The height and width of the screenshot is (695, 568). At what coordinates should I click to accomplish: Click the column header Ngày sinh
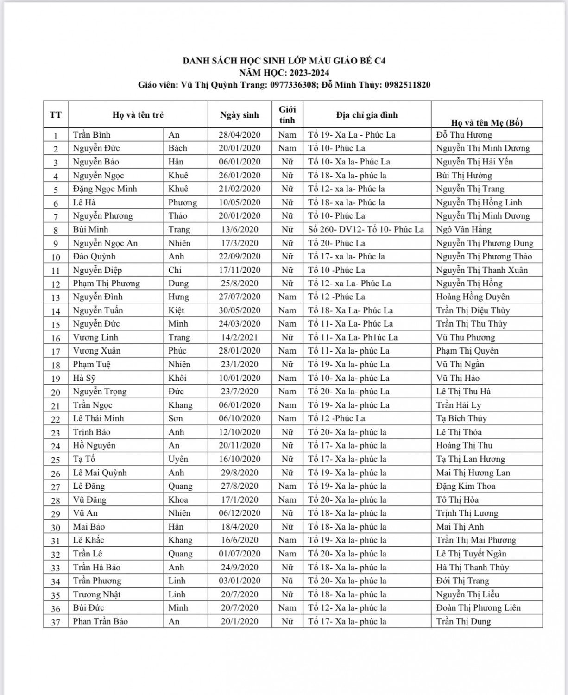coord(240,115)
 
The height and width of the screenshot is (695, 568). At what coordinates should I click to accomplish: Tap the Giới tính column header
coord(287,114)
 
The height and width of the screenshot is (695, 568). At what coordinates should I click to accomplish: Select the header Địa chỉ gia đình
coord(367,115)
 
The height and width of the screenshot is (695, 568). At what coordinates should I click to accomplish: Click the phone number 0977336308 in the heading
coord(295,85)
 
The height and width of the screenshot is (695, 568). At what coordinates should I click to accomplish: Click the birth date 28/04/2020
coord(240,135)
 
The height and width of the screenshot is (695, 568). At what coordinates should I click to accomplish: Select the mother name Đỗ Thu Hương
coord(464,135)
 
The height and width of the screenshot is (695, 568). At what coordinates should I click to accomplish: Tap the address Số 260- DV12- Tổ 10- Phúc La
coord(366,229)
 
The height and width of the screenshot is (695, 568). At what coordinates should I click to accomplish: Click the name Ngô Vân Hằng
coord(464,229)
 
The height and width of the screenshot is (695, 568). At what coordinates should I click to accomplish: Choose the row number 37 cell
coord(56,622)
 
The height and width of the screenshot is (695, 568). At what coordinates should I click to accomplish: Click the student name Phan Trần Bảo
coord(101,621)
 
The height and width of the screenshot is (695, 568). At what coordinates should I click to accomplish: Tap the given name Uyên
coord(178,459)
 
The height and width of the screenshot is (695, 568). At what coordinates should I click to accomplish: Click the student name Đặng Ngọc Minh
coord(105,189)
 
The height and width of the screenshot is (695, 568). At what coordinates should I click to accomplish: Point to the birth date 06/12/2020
coord(240,513)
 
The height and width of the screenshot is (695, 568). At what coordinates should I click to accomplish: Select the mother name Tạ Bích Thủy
coord(461,418)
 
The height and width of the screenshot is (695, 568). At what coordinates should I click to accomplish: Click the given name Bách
coord(178,148)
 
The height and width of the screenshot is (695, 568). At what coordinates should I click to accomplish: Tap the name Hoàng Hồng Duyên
coord(473,297)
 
